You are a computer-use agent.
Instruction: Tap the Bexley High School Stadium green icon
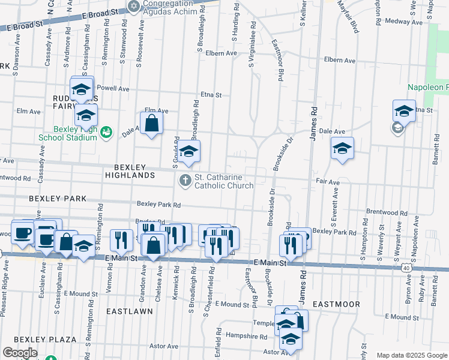[x=106, y=131]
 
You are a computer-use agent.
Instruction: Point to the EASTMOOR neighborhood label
[x=336, y=304]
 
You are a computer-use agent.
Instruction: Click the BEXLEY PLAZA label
[x=46, y=340]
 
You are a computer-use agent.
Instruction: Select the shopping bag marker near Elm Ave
[x=152, y=124]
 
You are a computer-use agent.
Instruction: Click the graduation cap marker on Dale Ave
[x=342, y=148]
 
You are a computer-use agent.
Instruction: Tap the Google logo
[x=20, y=353]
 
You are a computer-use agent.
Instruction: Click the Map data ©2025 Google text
[x=411, y=355]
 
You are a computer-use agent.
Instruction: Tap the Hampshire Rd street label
[x=248, y=337]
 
